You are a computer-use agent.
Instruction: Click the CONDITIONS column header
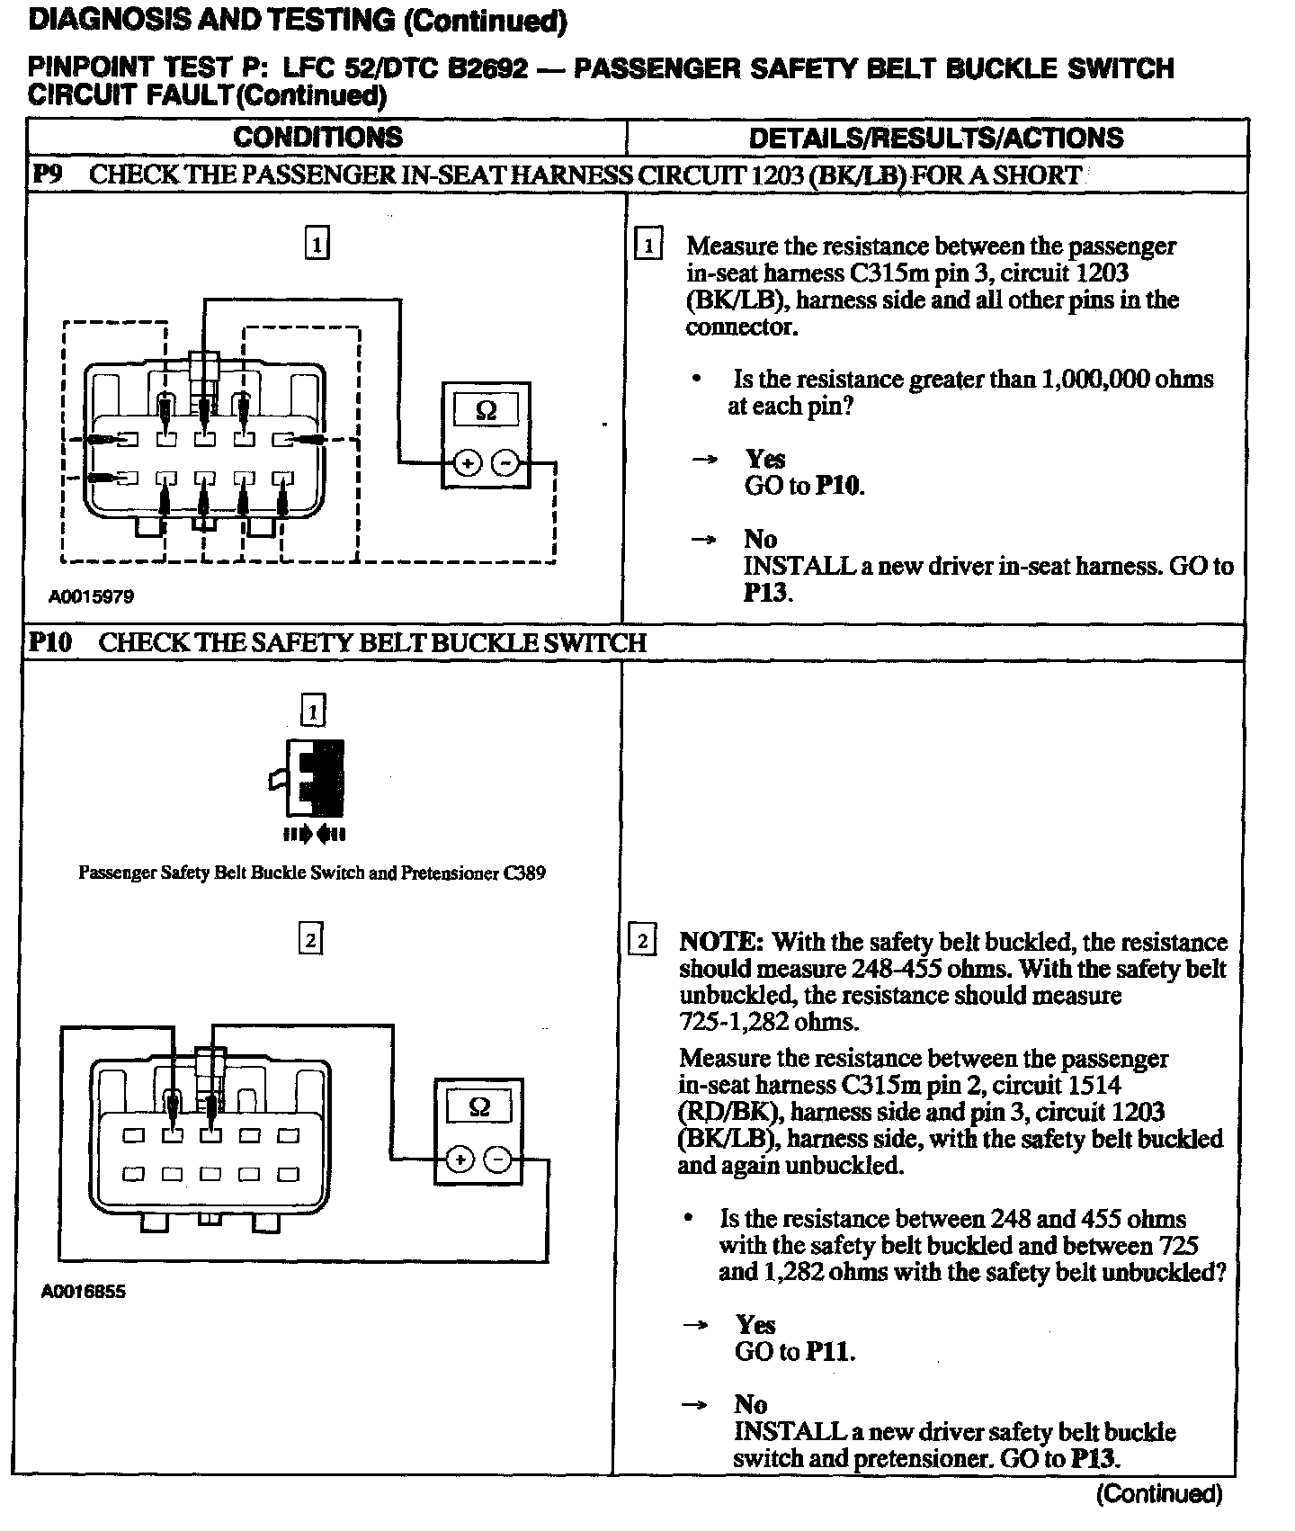pyautogui.click(x=317, y=138)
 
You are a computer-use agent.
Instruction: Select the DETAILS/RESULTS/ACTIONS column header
pyautogui.click(x=935, y=138)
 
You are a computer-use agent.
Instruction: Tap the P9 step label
pyautogui.click(x=46, y=174)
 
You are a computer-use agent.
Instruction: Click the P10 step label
pyautogui.click(x=49, y=642)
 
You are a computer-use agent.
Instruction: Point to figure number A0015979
pyautogui.click(x=92, y=596)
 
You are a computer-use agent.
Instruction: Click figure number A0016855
pyautogui.click(x=84, y=1292)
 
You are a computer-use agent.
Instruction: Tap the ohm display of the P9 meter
pyautogui.click(x=486, y=411)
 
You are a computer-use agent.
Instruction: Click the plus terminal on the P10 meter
pyautogui.click(x=460, y=1159)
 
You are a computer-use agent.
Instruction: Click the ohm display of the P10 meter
pyautogui.click(x=479, y=1107)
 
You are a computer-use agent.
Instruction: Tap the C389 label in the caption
pyautogui.click(x=524, y=873)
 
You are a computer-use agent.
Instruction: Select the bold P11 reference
pyautogui.click(x=828, y=1352)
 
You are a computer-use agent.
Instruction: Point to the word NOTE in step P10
pyautogui.click(x=720, y=942)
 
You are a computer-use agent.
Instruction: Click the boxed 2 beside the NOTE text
pyautogui.click(x=642, y=942)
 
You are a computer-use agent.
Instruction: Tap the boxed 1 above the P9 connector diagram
pyautogui.click(x=317, y=244)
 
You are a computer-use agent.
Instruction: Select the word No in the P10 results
pyautogui.click(x=750, y=1405)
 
